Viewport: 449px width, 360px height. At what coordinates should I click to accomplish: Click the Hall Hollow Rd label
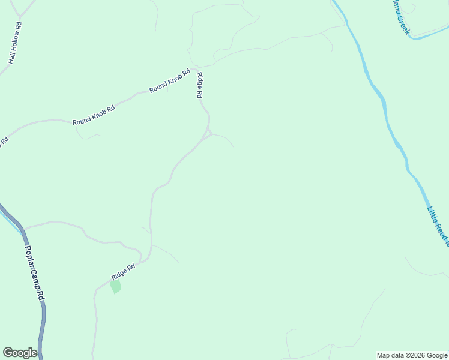[15, 44]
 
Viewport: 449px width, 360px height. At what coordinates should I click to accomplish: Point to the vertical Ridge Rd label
[200, 85]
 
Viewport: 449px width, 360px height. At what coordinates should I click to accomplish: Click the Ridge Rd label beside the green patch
[123, 271]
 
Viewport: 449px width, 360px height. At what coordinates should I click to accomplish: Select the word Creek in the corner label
[402, 25]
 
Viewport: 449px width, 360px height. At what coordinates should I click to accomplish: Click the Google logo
[20, 353]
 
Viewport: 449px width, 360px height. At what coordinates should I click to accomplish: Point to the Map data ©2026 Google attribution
[412, 355]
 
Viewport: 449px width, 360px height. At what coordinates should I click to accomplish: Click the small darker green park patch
[116, 286]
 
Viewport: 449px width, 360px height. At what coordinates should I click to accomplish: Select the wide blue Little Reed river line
[384, 108]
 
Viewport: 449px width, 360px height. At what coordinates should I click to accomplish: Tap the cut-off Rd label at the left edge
[3, 142]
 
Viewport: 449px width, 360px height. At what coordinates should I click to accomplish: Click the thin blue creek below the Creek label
[429, 35]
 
